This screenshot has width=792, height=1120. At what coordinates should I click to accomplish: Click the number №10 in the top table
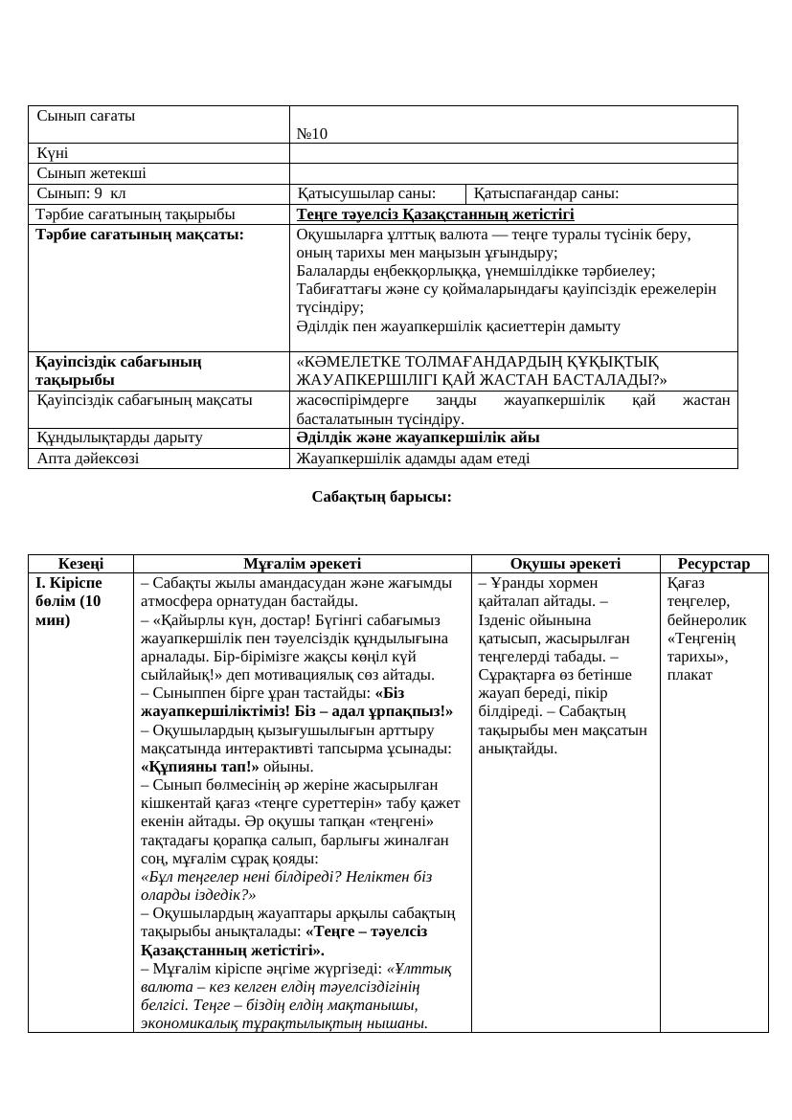point(312,134)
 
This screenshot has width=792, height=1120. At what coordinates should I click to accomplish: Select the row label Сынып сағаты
point(86,116)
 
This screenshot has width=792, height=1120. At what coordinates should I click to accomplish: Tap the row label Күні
point(53,153)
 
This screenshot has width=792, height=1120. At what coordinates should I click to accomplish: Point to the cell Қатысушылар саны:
point(367,193)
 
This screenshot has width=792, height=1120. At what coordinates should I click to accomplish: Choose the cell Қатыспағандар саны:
point(546,193)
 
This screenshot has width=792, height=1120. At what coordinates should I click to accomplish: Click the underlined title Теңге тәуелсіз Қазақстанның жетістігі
point(436,214)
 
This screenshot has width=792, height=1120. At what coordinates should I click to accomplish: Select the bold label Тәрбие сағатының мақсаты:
point(140,234)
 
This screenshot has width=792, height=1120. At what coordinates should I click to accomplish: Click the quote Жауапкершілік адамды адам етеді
point(413,459)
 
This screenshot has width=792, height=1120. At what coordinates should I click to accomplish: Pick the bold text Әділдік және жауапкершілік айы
point(418,437)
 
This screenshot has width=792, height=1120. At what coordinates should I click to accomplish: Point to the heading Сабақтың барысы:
point(381,497)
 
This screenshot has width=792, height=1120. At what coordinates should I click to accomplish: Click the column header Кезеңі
point(81,565)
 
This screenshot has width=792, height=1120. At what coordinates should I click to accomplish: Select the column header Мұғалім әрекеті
point(302,565)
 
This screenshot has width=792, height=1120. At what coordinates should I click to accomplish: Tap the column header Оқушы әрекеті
point(565,565)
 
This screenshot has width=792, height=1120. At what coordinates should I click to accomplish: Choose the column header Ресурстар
point(713,565)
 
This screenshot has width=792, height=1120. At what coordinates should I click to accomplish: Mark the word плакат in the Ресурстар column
point(690,675)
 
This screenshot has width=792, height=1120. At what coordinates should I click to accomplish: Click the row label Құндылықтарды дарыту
point(120,437)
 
